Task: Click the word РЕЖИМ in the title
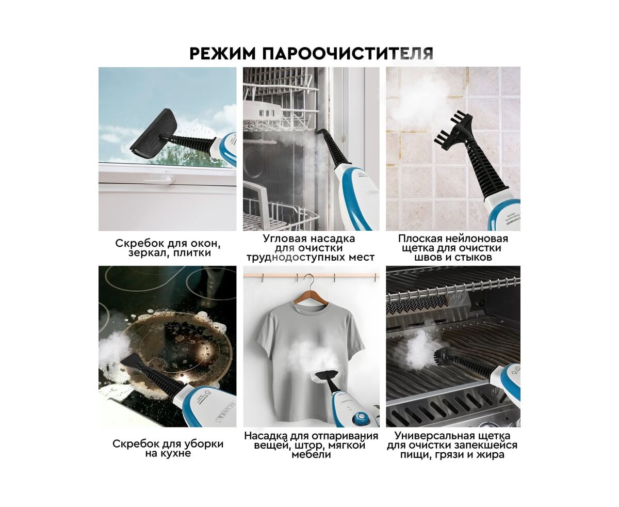pyautogui.click(x=222, y=54)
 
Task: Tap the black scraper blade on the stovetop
pyautogui.click(x=132, y=360)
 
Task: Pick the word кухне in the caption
pyautogui.click(x=175, y=453)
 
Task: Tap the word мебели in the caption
pyautogui.click(x=311, y=454)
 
